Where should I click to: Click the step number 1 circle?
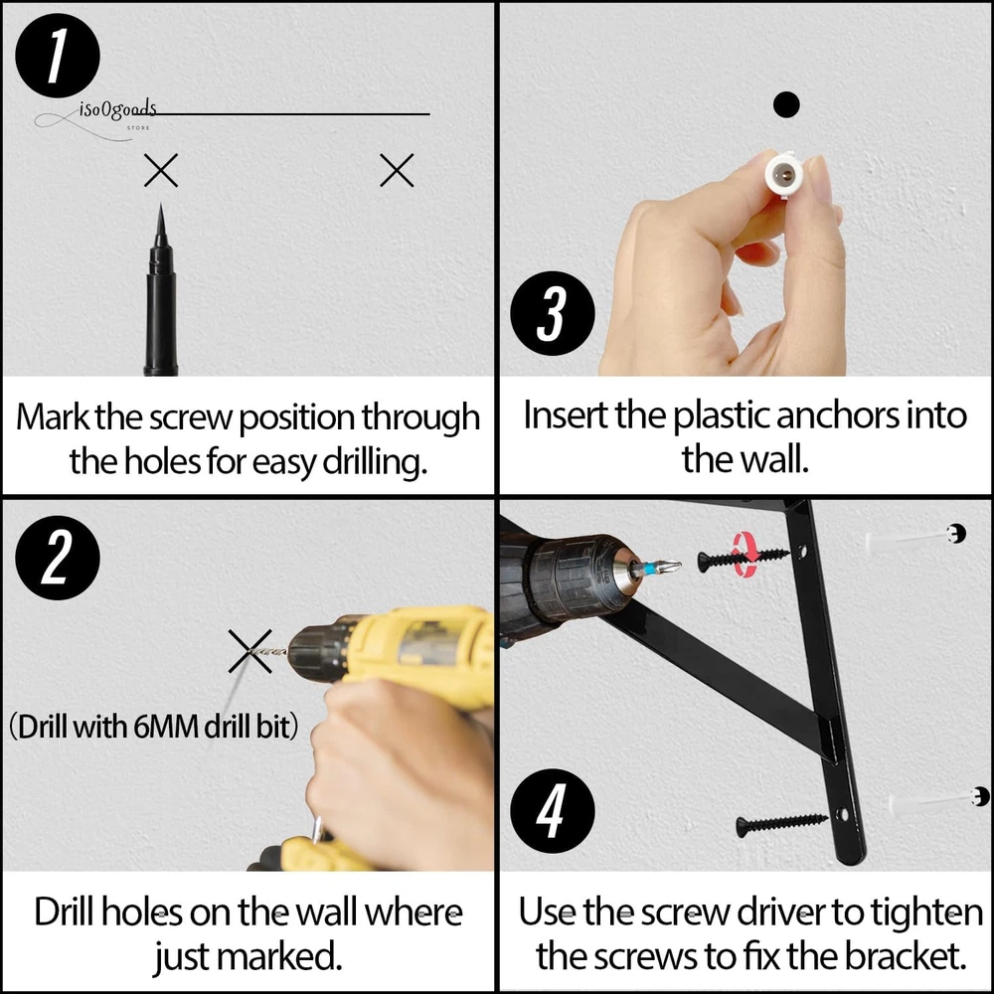[57, 55]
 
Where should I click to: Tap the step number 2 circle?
[57, 558]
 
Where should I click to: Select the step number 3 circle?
[552, 313]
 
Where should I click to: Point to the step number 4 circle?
[552, 811]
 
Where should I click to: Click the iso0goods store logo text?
[117, 110]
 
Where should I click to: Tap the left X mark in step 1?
[161, 170]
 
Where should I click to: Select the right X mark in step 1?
[397, 170]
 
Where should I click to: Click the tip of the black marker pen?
[160, 205]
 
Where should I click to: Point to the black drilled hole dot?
[786, 104]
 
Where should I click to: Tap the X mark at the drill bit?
[250, 651]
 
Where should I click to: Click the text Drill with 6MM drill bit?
[153, 727]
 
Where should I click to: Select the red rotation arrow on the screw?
[745, 556]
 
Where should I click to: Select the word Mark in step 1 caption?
[52, 417]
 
